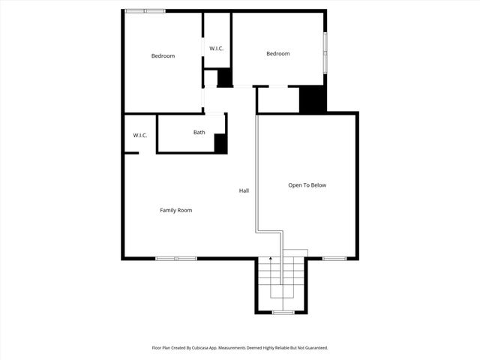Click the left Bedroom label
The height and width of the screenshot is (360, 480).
coord(163,56)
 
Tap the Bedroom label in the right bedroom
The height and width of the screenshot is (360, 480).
coord(278,53)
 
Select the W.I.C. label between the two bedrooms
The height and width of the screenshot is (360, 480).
coord(217,49)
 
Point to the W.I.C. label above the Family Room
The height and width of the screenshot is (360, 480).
coord(140,136)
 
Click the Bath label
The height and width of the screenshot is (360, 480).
coord(199,133)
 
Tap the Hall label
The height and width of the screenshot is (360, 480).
coord(244,190)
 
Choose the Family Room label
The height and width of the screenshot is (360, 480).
coord(175,210)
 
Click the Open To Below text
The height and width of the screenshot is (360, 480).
coord(307,185)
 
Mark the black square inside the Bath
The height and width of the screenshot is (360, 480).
coord(220,143)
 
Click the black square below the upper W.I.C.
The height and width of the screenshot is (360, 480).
coord(224,78)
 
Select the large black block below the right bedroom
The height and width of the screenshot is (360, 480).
coord(313,100)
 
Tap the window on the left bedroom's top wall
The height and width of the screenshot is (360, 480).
coord(145,10)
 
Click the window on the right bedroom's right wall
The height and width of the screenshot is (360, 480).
coord(325,52)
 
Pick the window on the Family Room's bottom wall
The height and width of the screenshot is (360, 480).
coord(176,259)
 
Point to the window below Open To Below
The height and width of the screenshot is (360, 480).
coord(334,259)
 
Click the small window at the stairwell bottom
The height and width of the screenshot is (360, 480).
coord(282,312)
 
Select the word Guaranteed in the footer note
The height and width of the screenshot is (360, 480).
coord(312,348)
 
